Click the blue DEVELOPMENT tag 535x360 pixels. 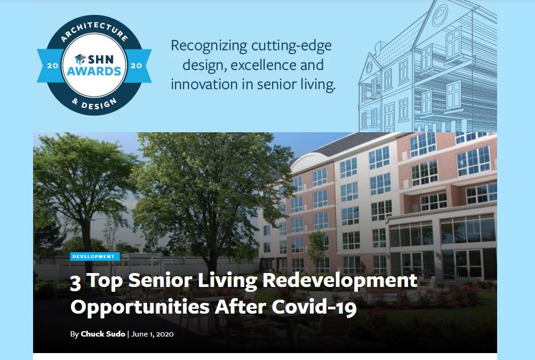95,256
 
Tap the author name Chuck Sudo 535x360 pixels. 103,334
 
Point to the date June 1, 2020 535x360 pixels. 152,334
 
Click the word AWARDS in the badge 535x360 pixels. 94,71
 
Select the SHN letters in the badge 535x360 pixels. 101,59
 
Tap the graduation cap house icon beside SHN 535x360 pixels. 81,59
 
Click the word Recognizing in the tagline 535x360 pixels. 209,46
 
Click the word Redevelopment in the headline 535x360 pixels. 340,281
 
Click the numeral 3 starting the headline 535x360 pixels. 75,283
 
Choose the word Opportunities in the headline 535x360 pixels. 140,307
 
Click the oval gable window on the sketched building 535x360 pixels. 440,15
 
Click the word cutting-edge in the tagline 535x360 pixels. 291,46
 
